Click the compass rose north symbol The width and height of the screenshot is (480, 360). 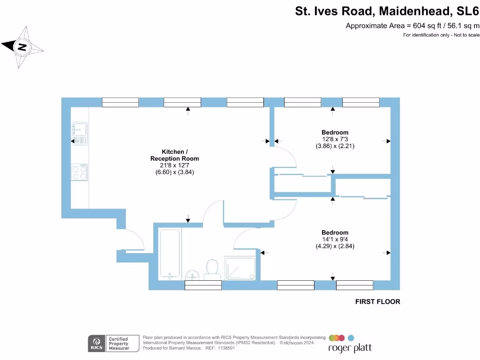[22, 47]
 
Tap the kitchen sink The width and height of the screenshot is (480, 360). [79, 133]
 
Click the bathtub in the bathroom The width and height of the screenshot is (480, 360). [170, 254]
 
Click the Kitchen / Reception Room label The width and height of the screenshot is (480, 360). [174, 155]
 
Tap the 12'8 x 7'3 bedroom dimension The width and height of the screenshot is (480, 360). [335, 139]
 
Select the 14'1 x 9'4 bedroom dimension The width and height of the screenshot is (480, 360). [335, 240]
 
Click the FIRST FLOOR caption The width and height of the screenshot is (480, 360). [377, 302]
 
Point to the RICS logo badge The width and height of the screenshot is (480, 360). [97, 343]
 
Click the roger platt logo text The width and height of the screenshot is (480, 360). [350, 348]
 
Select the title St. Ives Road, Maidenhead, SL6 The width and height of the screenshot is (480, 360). [387, 11]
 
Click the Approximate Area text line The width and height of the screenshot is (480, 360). [412, 26]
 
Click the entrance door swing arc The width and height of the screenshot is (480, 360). [134, 240]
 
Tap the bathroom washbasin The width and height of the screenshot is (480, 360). [193, 275]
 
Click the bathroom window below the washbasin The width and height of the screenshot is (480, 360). [203, 285]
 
